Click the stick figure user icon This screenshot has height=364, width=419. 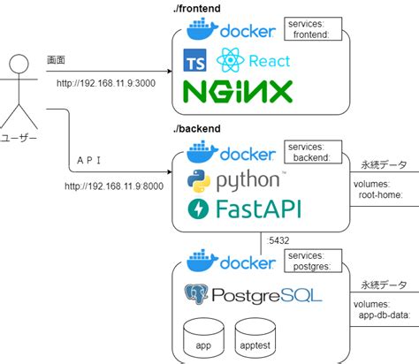pyautogui.click(x=19, y=92)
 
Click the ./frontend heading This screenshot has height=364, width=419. pyautogui.click(x=199, y=8)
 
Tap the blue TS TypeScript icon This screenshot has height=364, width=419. pyautogui.click(x=194, y=61)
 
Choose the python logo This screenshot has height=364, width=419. pyautogui.click(x=234, y=181)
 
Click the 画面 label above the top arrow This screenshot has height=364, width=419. pyautogui.click(x=56, y=59)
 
